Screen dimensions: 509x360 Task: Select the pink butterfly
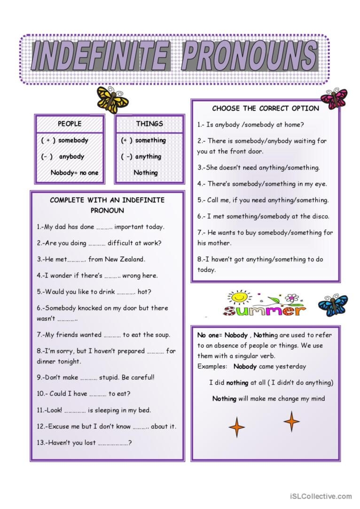[334, 98]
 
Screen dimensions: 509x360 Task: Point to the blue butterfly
[333, 305]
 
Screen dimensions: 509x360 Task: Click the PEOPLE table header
[70, 124]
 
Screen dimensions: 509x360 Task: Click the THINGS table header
[149, 124]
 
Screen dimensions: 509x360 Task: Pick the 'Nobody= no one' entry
[74, 173]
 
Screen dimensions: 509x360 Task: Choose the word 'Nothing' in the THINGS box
[146, 173]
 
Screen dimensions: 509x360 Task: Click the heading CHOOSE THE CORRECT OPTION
[266, 108]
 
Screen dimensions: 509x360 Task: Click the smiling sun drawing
[239, 298]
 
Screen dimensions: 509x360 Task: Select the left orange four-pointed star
[237, 427]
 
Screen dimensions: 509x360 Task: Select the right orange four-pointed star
[291, 421]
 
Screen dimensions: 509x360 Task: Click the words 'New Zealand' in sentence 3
[125, 259]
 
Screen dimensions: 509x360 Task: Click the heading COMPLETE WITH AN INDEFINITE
[107, 200]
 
